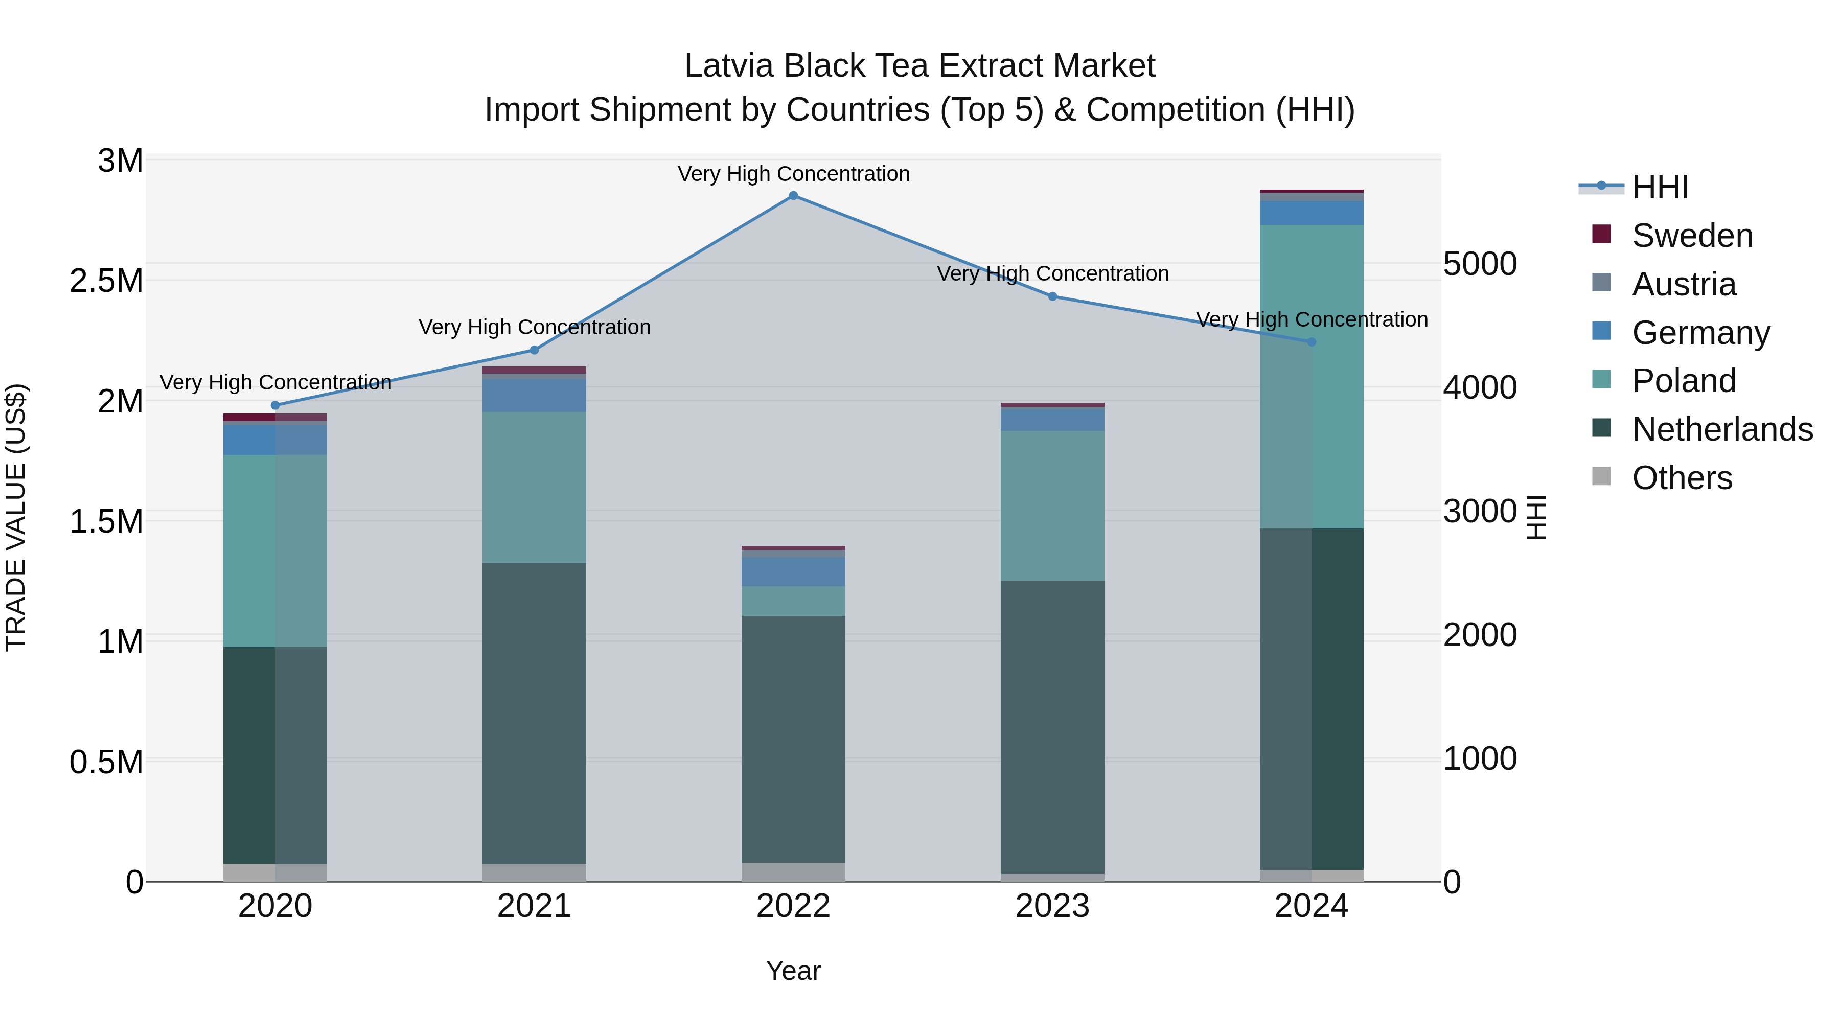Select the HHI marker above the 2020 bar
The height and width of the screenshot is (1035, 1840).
(x=275, y=405)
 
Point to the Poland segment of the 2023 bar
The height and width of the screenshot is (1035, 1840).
(x=1052, y=505)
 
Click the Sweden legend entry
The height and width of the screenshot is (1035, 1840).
(x=1691, y=236)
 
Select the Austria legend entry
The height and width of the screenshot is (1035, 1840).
(x=1684, y=284)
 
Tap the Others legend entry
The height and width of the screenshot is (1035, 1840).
(x=1682, y=478)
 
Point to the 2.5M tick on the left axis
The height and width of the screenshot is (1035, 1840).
(x=106, y=281)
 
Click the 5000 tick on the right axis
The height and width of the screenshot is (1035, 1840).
(x=1479, y=264)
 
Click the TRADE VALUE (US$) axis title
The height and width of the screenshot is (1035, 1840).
(x=16, y=517)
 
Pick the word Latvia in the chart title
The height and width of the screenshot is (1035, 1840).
(x=729, y=66)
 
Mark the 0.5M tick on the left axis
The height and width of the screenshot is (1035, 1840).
(x=106, y=762)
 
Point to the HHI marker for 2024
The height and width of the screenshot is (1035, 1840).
(x=1312, y=342)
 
